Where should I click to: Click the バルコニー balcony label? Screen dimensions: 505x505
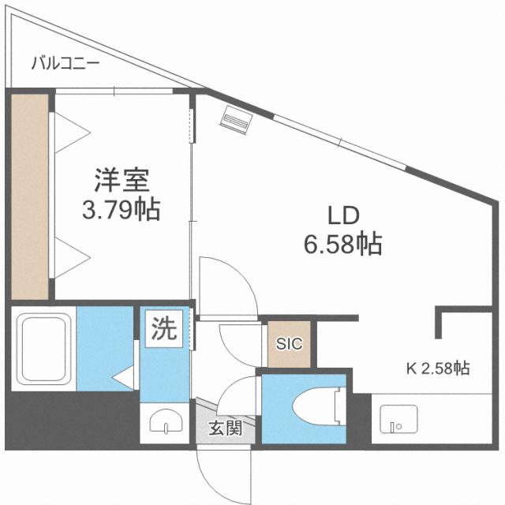[65, 64]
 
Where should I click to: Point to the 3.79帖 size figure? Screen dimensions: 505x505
[122, 209]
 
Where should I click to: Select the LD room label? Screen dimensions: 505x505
[344, 215]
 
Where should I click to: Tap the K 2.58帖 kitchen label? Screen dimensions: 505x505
[438, 368]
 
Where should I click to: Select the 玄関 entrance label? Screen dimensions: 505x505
[225, 429]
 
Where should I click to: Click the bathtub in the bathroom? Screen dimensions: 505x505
[43, 348]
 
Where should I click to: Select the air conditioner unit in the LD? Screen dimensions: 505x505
[236, 118]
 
